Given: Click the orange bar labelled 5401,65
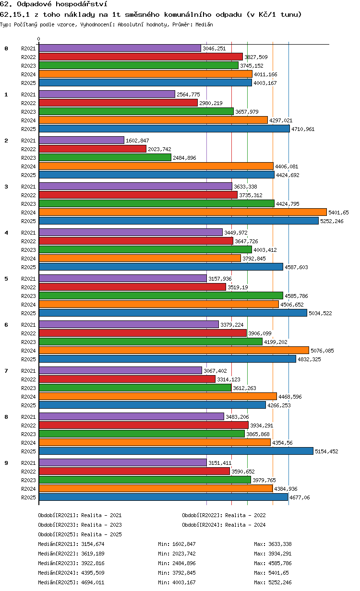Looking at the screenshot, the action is tap(182, 212).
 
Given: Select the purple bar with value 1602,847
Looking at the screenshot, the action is tap(82, 140).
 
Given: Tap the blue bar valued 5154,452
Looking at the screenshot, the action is tap(176, 451).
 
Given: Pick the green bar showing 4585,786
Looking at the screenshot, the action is tap(161, 295).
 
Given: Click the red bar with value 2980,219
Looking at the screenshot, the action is tap(118, 103).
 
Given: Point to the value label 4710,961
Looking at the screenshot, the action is tap(303, 129).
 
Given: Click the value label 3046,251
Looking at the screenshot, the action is tap(214, 48).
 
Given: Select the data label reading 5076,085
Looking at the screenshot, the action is tap(322, 351).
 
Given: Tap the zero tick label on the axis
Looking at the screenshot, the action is tap(39, 39).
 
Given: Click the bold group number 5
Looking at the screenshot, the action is tap(6, 279).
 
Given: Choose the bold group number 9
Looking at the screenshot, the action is tap(6, 463).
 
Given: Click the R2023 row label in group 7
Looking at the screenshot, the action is tap(28, 388).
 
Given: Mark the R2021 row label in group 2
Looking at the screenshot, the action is tap(28, 141).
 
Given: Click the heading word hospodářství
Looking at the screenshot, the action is tap(81, 4).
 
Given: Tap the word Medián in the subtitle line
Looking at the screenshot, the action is tap(204, 24).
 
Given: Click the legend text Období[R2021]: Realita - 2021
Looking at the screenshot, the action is tap(80, 515).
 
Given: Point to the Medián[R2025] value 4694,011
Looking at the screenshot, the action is tap(93, 582).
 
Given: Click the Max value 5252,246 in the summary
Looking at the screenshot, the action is tap(280, 582).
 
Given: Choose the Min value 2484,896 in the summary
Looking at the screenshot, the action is tap(184, 563).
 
